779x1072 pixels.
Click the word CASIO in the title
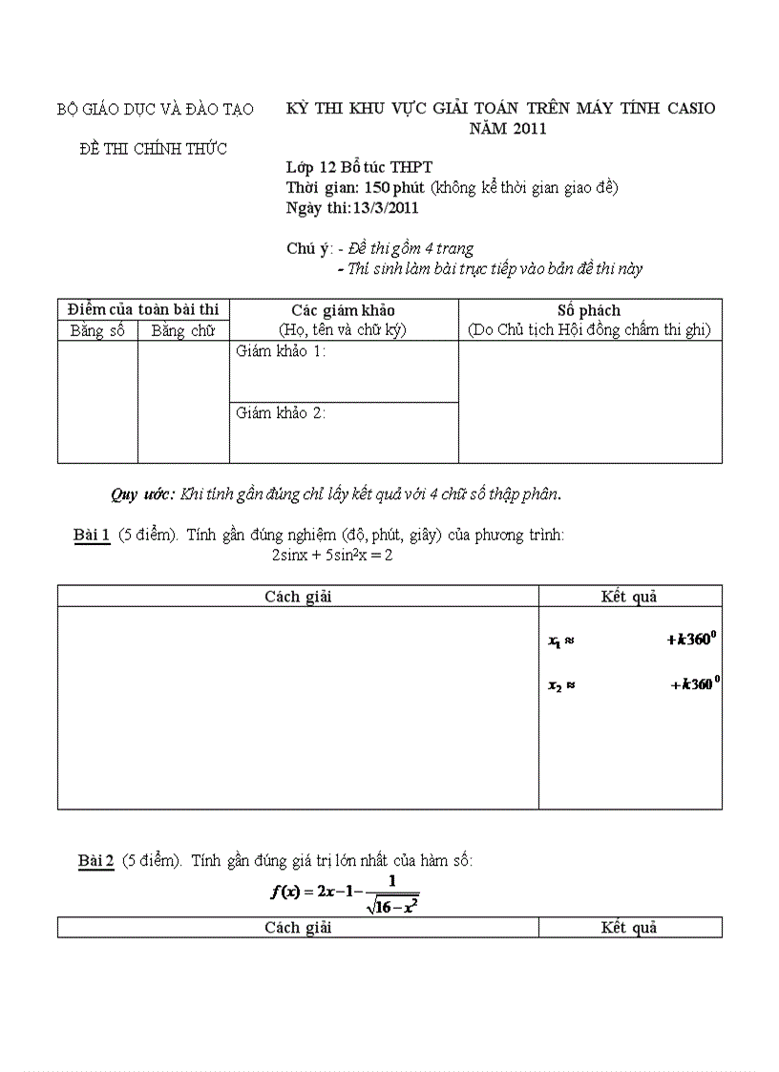click(686, 108)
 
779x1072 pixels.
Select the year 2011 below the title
click(529, 129)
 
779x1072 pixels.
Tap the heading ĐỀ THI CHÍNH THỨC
click(154, 148)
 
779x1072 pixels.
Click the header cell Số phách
click(589, 310)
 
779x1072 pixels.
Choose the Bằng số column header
click(98, 331)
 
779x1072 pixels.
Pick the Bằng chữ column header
click(183, 331)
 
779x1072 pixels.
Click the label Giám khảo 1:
click(281, 352)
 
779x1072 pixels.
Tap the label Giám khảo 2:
click(281, 413)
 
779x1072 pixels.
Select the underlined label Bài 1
click(92, 536)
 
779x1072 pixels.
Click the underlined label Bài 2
click(96, 861)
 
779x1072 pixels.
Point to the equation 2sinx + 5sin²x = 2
click(332, 555)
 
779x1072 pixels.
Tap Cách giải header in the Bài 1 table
click(298, 597)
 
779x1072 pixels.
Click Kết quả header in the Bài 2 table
click(629, 927)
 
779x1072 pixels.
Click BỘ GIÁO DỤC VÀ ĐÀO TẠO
click(156, 109)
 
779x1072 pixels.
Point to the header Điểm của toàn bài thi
click(143, 309)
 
